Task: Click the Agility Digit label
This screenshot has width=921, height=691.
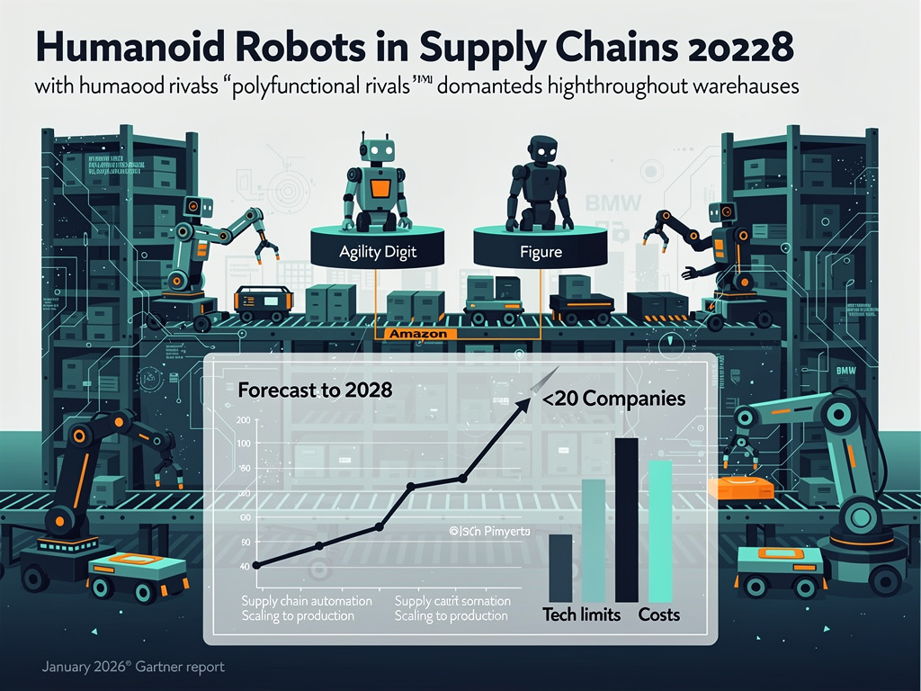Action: (378, 252)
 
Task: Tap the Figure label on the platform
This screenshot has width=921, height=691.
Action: (541, 252)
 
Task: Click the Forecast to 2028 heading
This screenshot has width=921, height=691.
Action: (315, 390)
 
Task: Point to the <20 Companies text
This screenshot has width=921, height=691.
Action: (614, 398)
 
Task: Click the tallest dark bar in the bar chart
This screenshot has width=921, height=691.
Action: (627, 519)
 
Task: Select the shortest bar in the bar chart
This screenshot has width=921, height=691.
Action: (559, 567)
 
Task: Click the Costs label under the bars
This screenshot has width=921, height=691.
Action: (658, 615)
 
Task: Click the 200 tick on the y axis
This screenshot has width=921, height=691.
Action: (244, 421)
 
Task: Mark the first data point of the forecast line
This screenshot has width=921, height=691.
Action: (257, 565)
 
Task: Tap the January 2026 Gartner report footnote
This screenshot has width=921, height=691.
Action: (132, 668)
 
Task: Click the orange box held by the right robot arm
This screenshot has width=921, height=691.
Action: (740, 488)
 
